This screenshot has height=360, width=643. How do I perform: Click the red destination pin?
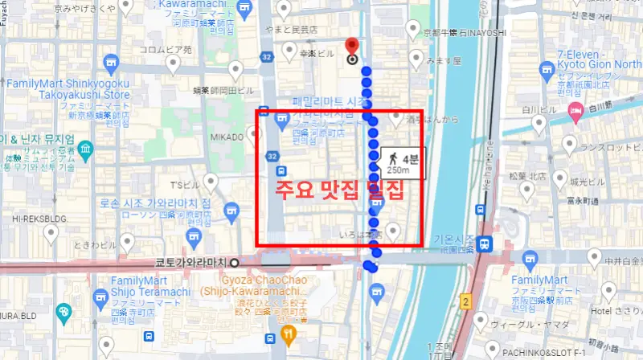click(351, 47)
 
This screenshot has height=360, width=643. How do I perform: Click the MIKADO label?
click(227, 137)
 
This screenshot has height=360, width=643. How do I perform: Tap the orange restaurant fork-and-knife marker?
click(289, 333)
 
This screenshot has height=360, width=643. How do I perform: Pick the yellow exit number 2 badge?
click(465, 301)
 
